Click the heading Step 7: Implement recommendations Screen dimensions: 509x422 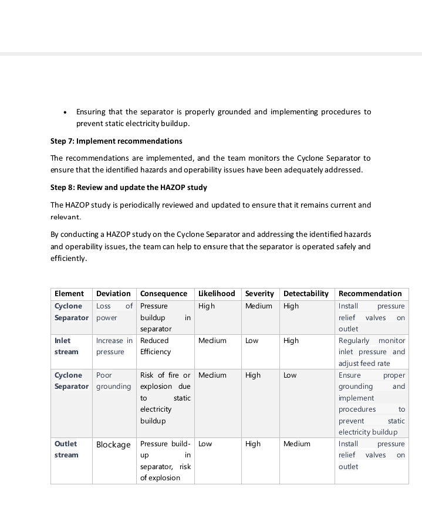(116, 141)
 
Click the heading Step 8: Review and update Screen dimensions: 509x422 (129, 188)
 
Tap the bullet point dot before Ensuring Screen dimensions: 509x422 (65, 113)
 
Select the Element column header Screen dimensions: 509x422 (69, 293)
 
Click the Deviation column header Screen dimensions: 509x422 (113, 293)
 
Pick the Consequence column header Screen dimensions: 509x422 (164, 293)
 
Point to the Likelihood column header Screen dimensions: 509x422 (217, 293)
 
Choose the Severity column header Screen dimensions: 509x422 (259, 293)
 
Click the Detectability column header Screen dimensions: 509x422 (306, 293)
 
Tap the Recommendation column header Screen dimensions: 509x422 (370, 293)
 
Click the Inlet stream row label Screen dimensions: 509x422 (66, 346)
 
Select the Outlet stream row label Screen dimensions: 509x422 (66, 449)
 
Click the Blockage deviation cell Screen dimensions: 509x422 (113, 444)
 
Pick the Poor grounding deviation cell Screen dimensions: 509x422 (113, 381)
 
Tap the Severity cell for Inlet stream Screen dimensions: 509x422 (252, 341)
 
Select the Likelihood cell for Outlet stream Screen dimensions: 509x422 (205, 444)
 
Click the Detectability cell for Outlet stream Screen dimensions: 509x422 (296, 444)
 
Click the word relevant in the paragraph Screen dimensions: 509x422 (66, 217)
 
